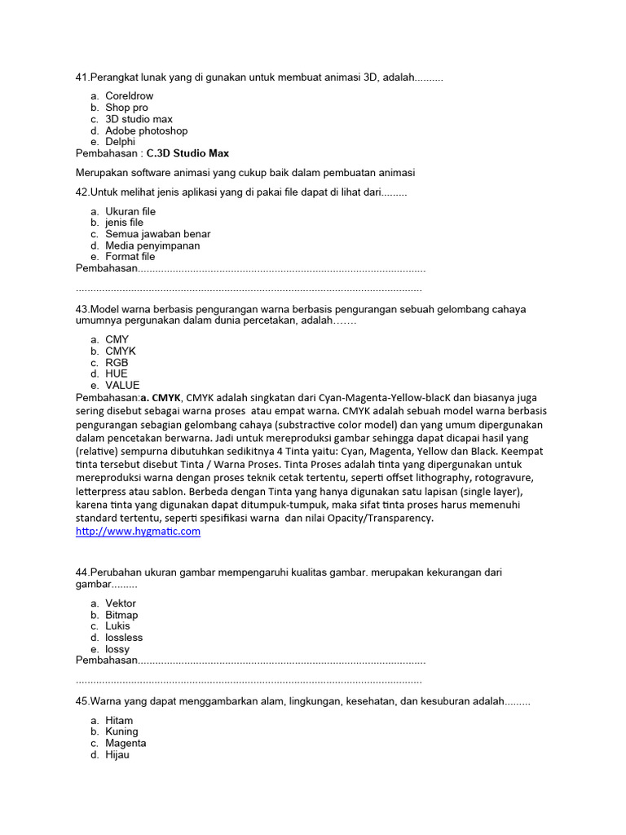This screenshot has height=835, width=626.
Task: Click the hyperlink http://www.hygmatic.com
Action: [x=138, y=531]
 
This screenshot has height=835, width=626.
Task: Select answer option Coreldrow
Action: [x=129, y=95]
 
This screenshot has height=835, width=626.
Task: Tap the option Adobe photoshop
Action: [x=146, y=130]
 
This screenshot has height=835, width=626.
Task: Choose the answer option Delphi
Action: [x=120, y=142]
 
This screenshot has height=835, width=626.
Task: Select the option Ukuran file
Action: [x=130, y=211]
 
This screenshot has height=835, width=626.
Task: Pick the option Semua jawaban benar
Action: [x=157, y=234]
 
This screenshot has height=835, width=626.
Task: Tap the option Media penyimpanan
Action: [x=152, y=245]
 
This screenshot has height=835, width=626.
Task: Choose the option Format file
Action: [x=130, y=257]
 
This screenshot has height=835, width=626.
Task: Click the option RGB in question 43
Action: [x=117, y=363]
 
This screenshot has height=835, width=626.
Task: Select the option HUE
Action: [x=117, y=373]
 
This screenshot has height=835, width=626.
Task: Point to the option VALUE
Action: [x=122, y=385]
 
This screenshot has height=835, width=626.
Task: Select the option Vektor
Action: [x=121, y=603]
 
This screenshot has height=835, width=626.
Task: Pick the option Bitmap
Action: [x=121, y=615]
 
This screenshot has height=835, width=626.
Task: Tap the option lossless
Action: [x=124, y=638]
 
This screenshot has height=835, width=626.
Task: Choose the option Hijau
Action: [x=117, y=755]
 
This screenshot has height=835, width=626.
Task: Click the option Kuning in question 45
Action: [x=121, y=731]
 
